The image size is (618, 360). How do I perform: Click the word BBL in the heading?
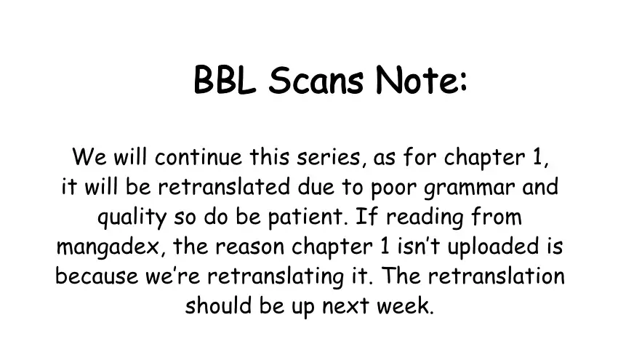tap(225, 80)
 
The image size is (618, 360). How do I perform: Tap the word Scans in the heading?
tap(316, 80)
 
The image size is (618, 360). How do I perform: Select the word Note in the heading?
tap(415, 80)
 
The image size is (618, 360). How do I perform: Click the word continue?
tap(198, 157)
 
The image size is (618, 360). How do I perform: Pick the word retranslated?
tap(224, 186)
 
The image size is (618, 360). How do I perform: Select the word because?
tap(97, 276)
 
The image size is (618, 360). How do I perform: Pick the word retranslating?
tap(276, 277)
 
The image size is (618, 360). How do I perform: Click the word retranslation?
tap(496, 276)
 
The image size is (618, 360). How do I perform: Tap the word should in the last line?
tap(218, 305)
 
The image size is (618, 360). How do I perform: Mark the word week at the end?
tap(404, 305)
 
